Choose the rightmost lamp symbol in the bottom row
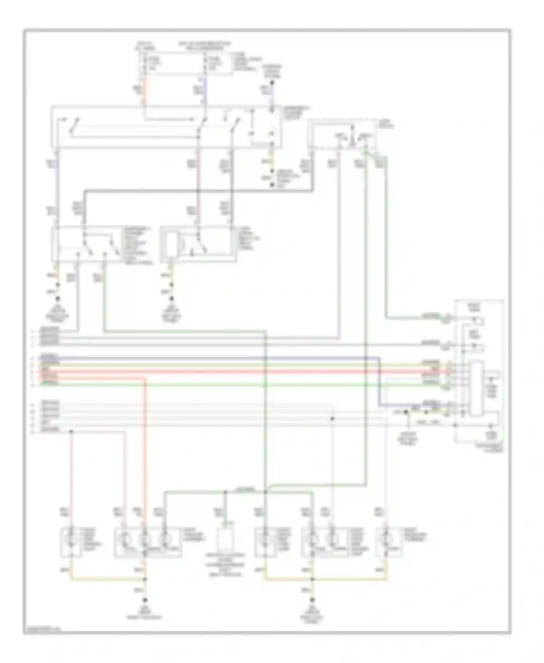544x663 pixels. pyautogui.click(x=386, y=540)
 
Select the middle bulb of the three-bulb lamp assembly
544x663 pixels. pyautogui.click(x=145, y=540)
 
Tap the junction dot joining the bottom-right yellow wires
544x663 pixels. pyautogui.click(x=312, y=580)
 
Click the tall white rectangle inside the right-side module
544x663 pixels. pyautogui.click(x=477, y=388)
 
